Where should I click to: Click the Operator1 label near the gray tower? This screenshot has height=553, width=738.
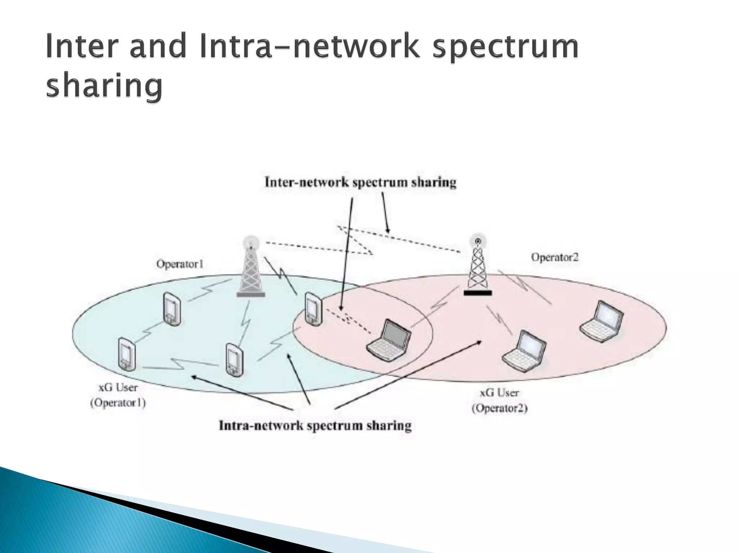[x=180, y=264]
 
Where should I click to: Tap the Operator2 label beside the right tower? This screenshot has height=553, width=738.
[x=555, y=257]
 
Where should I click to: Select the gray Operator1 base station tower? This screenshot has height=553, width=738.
[x=251, y=268]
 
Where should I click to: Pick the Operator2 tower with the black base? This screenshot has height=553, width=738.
[x=477, y=266]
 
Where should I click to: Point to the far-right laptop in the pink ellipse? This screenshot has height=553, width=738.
[x=601, y=321]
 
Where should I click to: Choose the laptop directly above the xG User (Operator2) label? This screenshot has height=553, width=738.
[x=524, y=351]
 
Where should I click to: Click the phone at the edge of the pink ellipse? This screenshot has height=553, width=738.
[x=313, y=309]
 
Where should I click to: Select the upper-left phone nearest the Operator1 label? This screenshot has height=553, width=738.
[x=172, y=309]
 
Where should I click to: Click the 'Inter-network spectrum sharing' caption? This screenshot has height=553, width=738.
[x=360, y=182]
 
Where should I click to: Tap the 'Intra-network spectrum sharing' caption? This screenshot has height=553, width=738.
[x=315, y=426]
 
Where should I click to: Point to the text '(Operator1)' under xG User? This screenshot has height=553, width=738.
[x=118, y=403]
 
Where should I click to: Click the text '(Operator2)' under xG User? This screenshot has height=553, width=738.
[x=499, y=408]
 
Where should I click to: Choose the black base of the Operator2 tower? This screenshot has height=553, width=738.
[x=477, y=293]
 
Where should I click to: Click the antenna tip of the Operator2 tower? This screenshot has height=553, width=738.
[x=478, y=240]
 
